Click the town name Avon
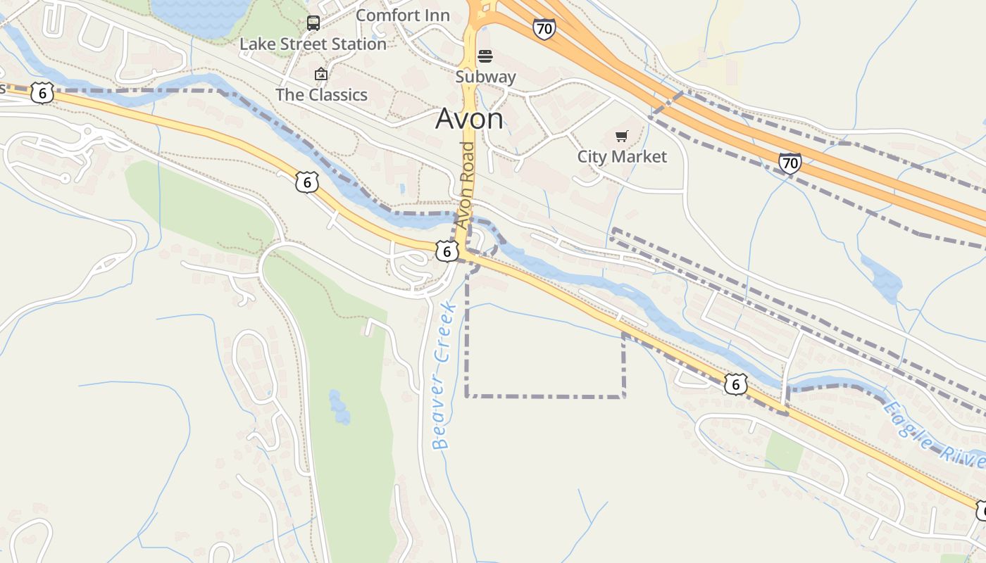(x=469, y=119)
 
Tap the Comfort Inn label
(x=403, y=15)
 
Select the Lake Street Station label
(x=313, y=44)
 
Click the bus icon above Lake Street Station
(x=313, y=23)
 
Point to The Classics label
(x=321, y=94)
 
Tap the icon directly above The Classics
(x=321, y=74)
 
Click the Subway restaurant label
(x=485, y=77)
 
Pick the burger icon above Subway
(x=485, y=56)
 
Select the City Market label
(x=622, y=156)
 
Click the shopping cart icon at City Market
(x=621, y=136)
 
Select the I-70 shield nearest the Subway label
(x=544, y=29)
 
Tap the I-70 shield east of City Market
(x=790, y=163)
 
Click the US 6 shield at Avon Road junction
(x=447, y=251)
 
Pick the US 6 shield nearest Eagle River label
(x=735, y=384)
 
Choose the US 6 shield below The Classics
(x=307, y=182)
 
